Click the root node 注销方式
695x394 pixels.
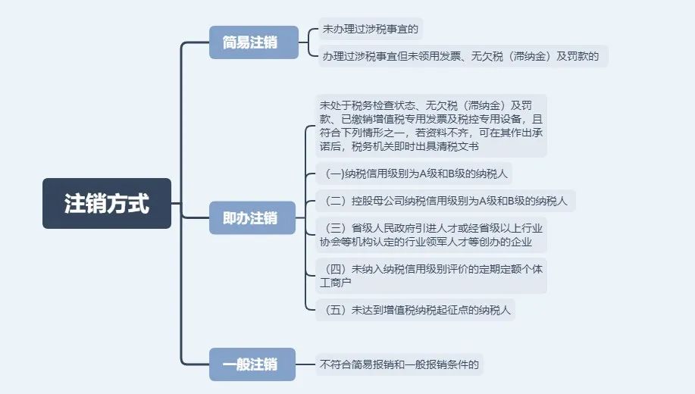(x=107, y=203)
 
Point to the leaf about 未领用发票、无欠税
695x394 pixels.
(x=462, y=56)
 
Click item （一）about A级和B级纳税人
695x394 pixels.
(x=416, y=174)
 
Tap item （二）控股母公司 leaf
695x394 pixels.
(x=448, y=202)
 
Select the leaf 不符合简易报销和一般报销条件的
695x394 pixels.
(x=400, y=364)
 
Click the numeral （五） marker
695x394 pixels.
(x=335, y=310)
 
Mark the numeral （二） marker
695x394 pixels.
(x=335, y=202)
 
